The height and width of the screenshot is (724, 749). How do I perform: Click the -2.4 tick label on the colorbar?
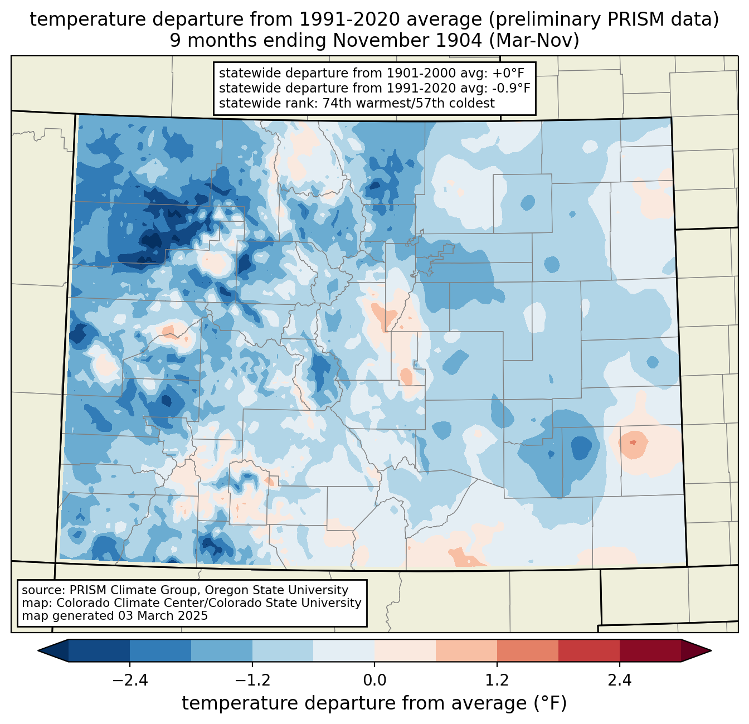pyautogui.click(x=130, y=680)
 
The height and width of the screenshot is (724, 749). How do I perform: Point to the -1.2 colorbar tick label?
pyautogui.click(x=252, y=680)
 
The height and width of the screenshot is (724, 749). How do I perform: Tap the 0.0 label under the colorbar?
pyautogui.click(x=374, y=680)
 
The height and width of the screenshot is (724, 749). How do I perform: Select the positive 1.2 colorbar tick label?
pyautogui.click(x=497, y=680)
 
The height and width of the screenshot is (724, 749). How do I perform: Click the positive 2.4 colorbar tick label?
pyautogui.click(x=620, y=680)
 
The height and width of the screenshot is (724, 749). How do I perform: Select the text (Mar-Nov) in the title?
pyautogui.click(x=534, y=41)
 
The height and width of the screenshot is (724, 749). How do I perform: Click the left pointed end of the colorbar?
pyautogui.click(x=38, y=651)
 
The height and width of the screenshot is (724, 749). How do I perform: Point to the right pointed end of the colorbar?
pyautogui.click(x=711, y=651)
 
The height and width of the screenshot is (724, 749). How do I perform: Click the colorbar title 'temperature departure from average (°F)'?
pyautogui.click(x=374, y=703)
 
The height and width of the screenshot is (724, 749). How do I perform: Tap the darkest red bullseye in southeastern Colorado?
pyautogui.click(x=633, y=443)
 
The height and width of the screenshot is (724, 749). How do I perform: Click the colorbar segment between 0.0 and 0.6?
pyautogui.click(x=405, y=651)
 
